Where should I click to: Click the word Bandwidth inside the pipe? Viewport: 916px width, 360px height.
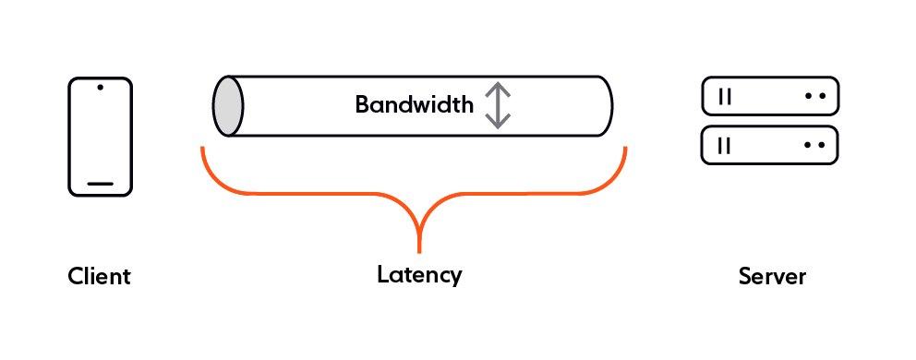pos(414,104)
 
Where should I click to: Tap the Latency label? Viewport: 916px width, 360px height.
pos(419,274)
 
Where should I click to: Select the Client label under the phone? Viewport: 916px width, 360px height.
pos(100,276)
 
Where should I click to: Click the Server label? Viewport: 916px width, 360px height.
pos(772,276)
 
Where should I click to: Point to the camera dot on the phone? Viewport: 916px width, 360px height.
pos(100,90)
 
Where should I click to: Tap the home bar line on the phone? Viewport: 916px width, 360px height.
pos(100,184)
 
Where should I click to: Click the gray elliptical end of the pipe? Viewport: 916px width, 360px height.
pos(228,106)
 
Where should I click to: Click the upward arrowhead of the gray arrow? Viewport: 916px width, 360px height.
pos(498,87)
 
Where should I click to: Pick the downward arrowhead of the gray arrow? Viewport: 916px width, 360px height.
pos(498,123)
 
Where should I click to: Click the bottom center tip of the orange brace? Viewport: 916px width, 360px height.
pos(420,249)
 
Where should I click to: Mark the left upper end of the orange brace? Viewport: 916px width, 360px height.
pos(202,148)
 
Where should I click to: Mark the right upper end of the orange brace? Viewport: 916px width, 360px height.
pos(626,148)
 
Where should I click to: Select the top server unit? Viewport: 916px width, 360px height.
pos(770,95)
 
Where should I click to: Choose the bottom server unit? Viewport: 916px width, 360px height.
pos(770,145)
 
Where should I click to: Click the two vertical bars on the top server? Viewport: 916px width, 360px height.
pos(725,95)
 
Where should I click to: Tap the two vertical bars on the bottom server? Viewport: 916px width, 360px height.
pos(725,145)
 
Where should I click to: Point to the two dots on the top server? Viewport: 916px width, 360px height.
pos(814,95)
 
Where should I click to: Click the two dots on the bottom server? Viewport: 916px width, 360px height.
pos(814,145)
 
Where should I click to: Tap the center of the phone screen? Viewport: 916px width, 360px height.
pos(100,137)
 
